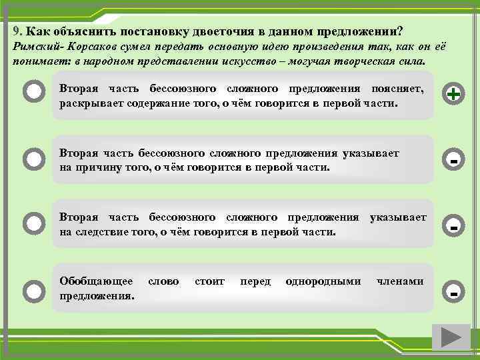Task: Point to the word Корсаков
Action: [92, 48]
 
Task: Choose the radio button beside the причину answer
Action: [33, 159]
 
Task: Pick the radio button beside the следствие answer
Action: [33, 222]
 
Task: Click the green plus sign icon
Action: [453, 95]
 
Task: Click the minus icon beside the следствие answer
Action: [453, 227]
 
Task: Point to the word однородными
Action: [323, 281]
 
